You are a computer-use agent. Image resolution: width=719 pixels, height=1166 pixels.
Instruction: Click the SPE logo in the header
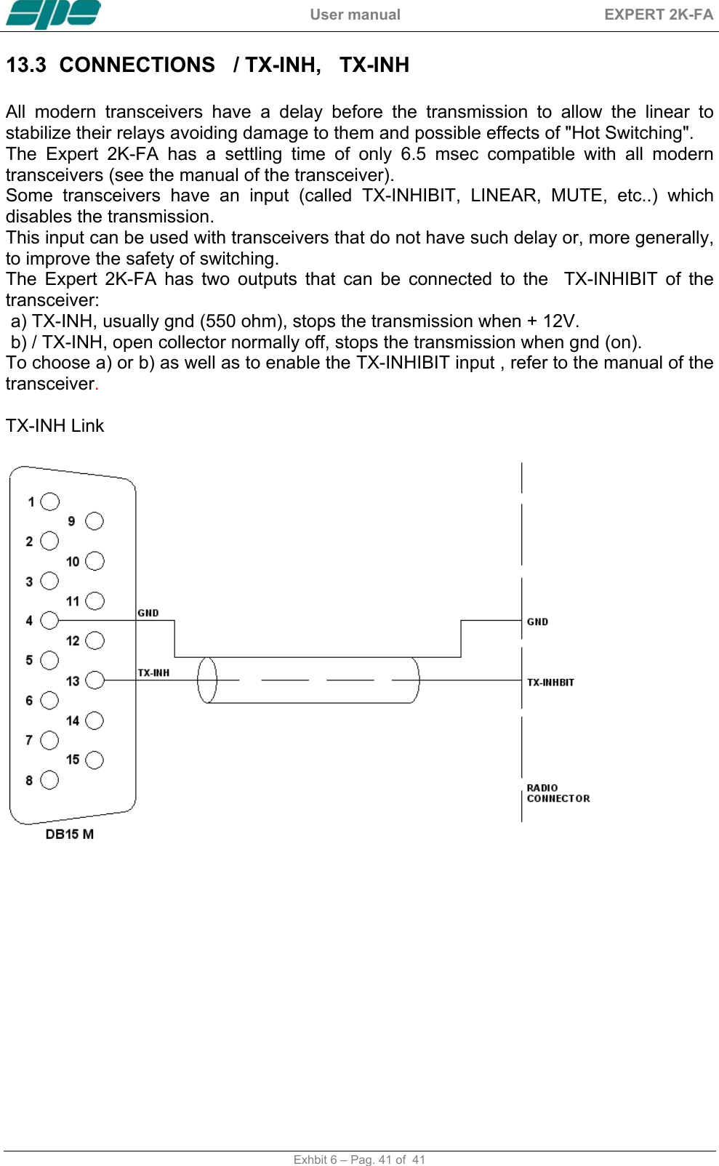[53, 15]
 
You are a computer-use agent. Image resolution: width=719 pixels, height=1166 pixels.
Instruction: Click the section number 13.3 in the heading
[26, 65]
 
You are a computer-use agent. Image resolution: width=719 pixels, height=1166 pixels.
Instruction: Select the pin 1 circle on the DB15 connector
[50, 502]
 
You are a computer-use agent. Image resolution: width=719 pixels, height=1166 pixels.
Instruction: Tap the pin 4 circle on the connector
[49, 620]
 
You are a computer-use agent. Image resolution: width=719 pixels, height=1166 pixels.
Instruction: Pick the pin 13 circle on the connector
[95, 680]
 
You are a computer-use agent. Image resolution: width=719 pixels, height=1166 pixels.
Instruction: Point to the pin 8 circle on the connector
[49, 780]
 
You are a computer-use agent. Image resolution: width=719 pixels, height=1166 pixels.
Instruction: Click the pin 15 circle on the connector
[95, 760]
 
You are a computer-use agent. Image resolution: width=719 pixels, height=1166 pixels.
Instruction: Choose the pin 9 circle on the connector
[95, 521]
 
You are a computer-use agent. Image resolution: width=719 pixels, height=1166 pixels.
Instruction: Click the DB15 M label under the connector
[70, 834]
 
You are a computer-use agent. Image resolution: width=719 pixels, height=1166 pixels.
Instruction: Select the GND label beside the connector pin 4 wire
[148, 613]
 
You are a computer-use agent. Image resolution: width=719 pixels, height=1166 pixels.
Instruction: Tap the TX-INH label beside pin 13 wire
[153, 672]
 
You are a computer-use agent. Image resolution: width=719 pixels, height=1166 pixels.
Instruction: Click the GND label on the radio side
[537, 622]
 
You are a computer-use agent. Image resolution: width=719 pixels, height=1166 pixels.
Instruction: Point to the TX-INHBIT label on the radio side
[550, 682]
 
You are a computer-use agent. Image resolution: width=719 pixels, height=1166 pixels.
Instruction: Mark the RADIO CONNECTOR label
[558, 793]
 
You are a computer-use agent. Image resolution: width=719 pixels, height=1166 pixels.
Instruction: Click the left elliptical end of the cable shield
[207, 680]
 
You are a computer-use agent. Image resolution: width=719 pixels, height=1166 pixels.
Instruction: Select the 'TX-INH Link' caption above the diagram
[55, 426]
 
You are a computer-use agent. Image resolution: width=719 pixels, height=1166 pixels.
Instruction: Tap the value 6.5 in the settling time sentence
[413, 154]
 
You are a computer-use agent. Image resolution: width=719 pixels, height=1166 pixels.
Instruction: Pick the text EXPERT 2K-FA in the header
[658, 15]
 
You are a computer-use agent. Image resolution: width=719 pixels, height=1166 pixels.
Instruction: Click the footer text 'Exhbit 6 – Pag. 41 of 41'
[359, 1159]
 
